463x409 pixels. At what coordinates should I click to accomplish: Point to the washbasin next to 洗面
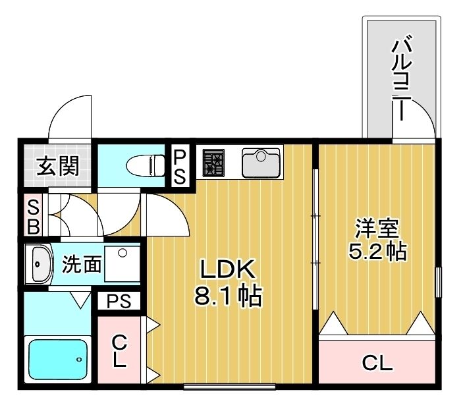pos(41,265)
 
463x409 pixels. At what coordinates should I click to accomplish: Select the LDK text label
pos(227,270)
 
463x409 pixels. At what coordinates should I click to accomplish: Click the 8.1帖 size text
pos(227,297)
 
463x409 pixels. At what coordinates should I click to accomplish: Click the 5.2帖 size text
pos(376,251)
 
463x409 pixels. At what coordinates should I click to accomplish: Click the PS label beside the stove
pos(180,167)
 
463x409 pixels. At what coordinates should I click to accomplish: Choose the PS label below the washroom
pos(119,302)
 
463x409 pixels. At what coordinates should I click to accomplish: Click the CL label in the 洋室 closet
pos(377,362)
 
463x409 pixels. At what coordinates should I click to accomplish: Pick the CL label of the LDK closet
pos(119,351)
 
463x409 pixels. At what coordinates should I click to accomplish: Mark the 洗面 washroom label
pos(82,265)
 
